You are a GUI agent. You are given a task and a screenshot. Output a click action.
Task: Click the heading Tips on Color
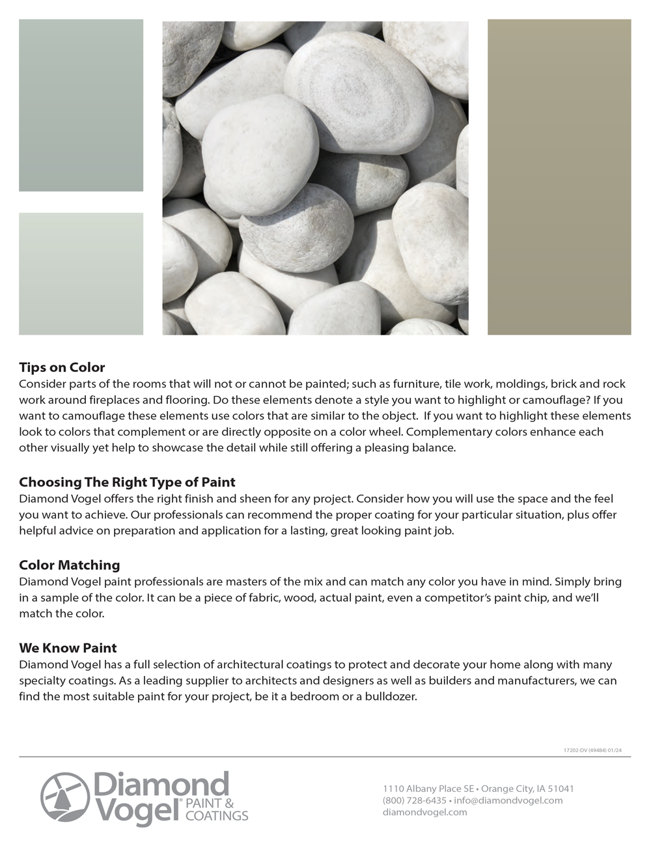click(62, 367)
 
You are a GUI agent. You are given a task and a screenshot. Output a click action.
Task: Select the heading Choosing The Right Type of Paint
click(127, 483)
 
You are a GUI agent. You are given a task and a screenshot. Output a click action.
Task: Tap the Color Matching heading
click(70, 565)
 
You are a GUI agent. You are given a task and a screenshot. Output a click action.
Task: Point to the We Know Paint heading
click(68, 648)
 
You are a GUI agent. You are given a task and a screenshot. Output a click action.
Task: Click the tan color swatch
click(559, 177)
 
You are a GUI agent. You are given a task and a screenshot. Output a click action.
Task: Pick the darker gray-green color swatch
click(81, 105)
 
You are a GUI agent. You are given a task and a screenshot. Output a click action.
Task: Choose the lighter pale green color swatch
click(81, 274)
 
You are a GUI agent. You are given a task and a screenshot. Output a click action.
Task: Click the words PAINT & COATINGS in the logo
click(216, 809)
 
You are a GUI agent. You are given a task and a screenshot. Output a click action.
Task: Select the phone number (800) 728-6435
click(415, 800)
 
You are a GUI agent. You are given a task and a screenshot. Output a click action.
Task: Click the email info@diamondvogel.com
click(508, 800)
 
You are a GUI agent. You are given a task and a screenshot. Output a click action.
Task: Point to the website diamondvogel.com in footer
click(424, 812)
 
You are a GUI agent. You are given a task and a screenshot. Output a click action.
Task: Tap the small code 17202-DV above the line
click(575, 750)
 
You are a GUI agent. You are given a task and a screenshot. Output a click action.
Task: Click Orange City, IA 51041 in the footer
click(527, 789)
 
